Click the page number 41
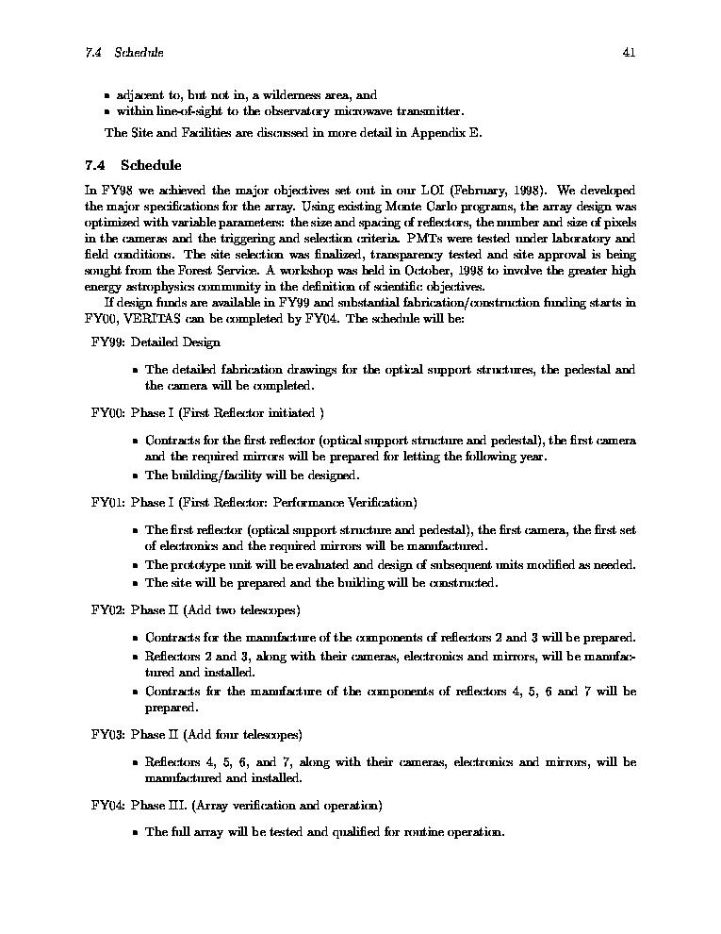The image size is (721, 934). [x=629, y=53]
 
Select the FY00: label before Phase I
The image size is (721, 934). [x=107, y=412]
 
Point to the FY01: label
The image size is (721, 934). [x=107, y=502]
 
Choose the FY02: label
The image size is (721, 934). [x=107, y=609]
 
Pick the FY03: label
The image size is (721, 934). [x=107, y=734]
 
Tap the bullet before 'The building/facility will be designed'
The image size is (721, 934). [x=136, y=476]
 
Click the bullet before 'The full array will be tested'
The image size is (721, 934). [x=136, y=833]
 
